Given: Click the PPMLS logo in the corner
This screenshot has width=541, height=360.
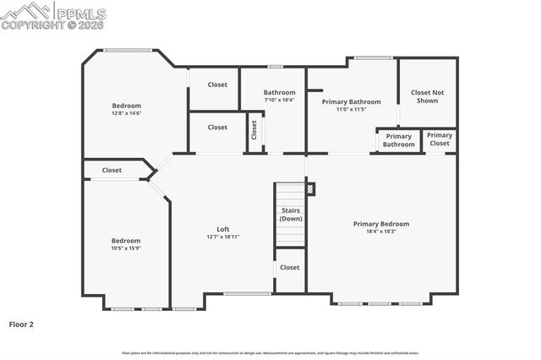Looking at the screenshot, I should click(53, 14).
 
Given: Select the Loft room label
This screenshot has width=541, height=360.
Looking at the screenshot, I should click(223, 229).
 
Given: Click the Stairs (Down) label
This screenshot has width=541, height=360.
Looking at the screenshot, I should click(291, 214).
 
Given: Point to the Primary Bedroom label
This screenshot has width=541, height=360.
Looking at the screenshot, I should click(380, 224).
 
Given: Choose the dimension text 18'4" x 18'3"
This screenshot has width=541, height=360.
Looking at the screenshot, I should click(380, 232).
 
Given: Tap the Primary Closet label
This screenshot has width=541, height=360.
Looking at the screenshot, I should click(439, 139).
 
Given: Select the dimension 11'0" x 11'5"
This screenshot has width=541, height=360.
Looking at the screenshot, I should click(352, 109).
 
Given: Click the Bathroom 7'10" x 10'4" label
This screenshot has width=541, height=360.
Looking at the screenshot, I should click(279, 95).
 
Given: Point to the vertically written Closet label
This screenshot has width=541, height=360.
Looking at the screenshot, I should click(254, 131).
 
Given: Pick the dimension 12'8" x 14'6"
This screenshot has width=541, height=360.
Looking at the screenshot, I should click(127, 113).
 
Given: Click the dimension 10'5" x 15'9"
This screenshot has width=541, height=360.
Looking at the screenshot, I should click(126, 248).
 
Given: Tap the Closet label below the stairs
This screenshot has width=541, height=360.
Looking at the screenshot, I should click(290, 268).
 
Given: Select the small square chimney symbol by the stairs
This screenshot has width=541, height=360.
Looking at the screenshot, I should click(310, 189).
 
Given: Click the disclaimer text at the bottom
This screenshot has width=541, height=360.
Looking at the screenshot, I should click(270, 352).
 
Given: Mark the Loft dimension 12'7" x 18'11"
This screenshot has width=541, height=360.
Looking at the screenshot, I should click(223, 237).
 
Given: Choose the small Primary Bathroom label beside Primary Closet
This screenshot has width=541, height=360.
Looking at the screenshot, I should click(398, 140).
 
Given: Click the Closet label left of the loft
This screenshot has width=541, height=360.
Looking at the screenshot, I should click(112, 170).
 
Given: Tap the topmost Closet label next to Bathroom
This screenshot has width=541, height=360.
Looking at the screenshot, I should click(217, 85).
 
